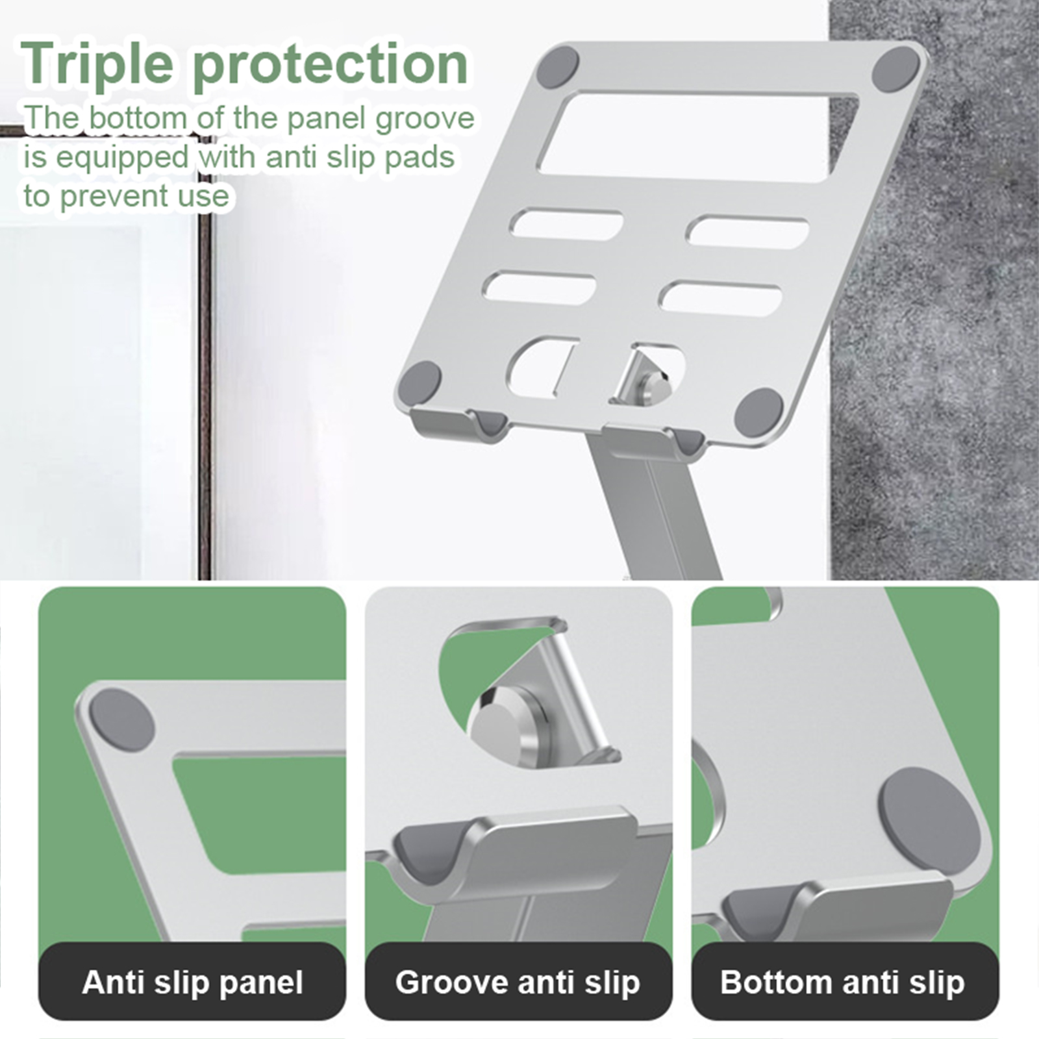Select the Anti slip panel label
pos(192,982)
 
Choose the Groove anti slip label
pos(518,982)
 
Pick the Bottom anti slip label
pos(842,982)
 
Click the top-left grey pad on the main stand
pos(557,67)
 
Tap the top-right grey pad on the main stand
pos(895,69)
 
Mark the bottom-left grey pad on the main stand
pos(419,382)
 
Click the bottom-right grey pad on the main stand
pos(759,410)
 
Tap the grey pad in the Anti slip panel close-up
pos(121,720)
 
